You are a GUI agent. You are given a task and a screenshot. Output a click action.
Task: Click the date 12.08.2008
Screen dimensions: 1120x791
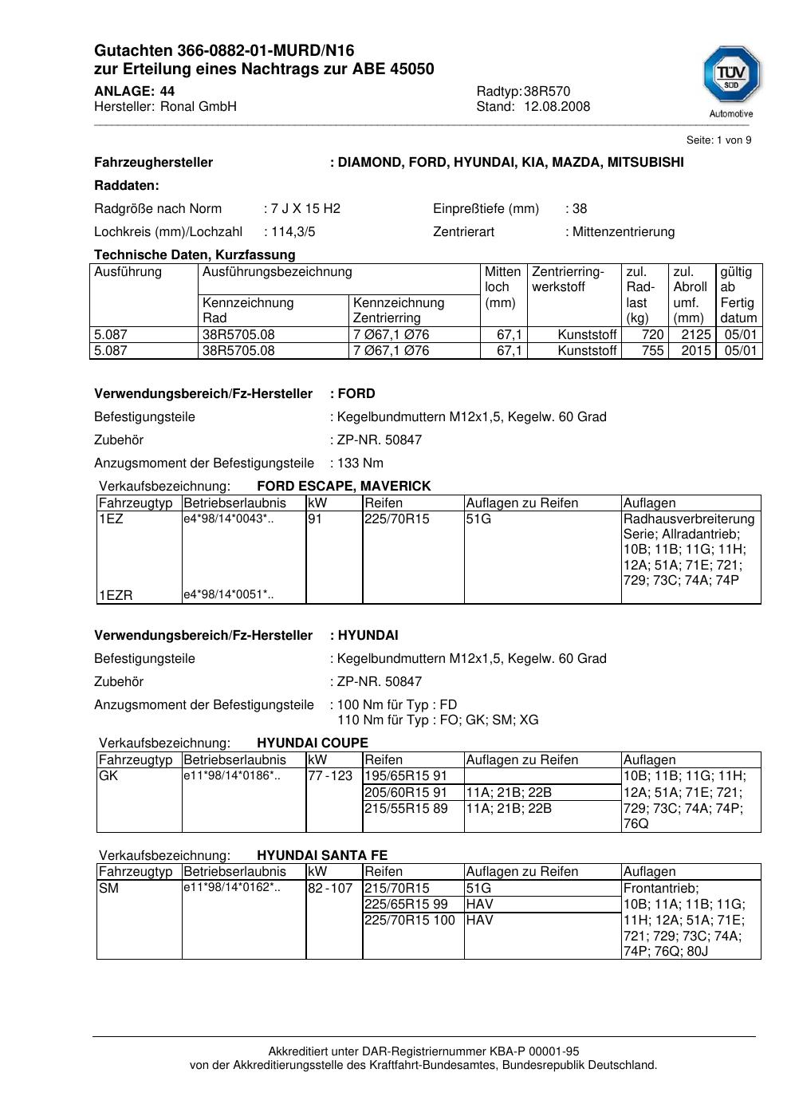pyautogui.click(x=557, y=107)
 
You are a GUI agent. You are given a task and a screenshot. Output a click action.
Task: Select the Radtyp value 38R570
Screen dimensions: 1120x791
pyautogui.click(x=547, y=91)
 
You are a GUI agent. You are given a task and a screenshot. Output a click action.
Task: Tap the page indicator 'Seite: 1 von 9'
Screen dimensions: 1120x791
pyautogui.click(x=718, y=140)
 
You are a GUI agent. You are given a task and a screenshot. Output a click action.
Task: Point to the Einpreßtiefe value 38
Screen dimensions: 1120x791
pyautogui.click(x=579, y=209)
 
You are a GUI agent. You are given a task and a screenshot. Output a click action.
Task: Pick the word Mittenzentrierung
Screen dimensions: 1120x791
pyautogui.click(x=623, y=232)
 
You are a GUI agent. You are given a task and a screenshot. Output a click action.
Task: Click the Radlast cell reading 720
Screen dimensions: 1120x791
pyautogui.click(x=653, y=335)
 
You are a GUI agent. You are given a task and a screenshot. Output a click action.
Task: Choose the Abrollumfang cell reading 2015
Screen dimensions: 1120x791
pyautogui.click(x=695, y=351)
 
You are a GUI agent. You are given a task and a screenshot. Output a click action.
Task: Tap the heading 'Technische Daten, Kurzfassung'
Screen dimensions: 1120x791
pyautogui.click(x=195, y=255)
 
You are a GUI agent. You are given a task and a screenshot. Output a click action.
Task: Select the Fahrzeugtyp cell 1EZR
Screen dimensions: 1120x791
pyautogui.click(x=116, y=595)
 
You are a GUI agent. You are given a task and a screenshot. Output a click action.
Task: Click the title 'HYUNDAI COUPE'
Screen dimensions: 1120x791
pyautogui.click(x=313, y=743)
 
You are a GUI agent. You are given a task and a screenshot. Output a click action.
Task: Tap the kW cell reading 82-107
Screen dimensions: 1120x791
pyautogui.click(x=330, y=889)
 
